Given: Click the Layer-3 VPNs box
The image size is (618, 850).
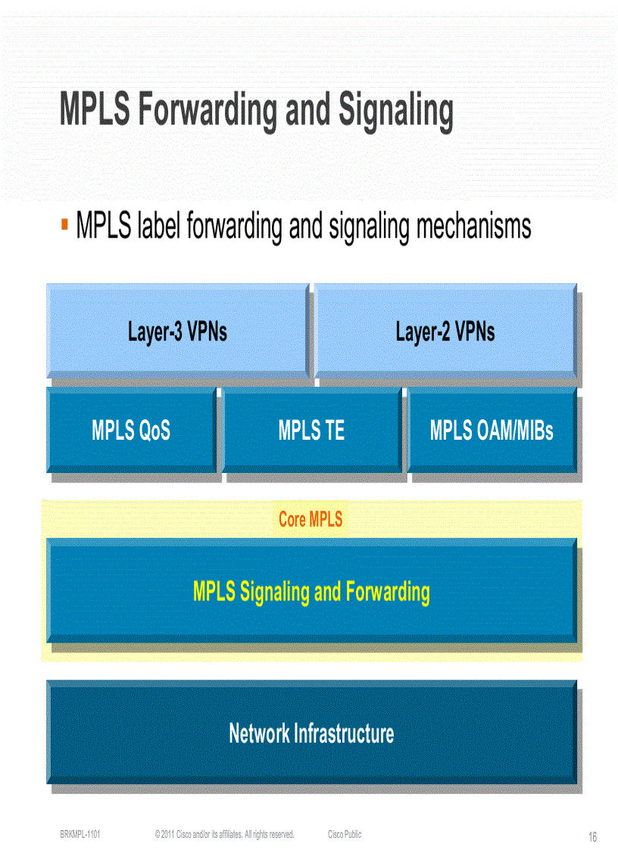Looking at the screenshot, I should [x=177, y=331].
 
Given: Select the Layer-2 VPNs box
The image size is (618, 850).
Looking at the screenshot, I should [x=445, y=331].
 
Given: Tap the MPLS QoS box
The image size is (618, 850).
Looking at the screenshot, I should [x=131, y=431].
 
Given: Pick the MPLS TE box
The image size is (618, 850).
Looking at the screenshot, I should [x=311, y=431].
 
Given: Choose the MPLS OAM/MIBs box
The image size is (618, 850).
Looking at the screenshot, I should [x=492, y=431].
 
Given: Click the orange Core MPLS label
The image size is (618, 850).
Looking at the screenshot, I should [x=311, y=519].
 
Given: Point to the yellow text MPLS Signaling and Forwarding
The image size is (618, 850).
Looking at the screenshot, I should [x=311, y=591].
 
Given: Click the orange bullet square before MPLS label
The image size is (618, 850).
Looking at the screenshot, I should [x=65, y=225].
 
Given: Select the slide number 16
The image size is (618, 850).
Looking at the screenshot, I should [x=592, y=837].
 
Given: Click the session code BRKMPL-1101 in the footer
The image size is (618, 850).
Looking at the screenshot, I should [x=80, y=834].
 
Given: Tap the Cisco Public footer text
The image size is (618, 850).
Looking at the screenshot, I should [x=345, y=834].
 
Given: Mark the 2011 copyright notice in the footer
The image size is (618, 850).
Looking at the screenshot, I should [x=224, y=834].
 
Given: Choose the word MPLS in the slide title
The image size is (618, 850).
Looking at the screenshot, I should [x=94, y=111].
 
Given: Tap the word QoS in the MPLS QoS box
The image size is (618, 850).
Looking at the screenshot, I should [x=154, y=431].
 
